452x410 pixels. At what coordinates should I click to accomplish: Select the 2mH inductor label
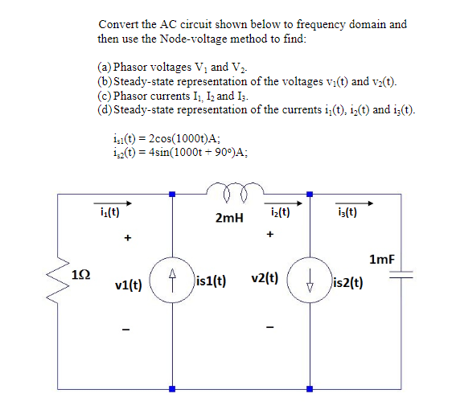(229, 218)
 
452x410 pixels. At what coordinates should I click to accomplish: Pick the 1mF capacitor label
(381, 259)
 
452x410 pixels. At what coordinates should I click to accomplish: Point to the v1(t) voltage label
(129, 285)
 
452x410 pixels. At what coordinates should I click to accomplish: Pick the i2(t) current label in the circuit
(278, 214)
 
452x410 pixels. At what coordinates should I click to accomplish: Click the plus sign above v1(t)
(126, 239)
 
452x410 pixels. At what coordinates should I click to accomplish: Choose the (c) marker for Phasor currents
(105, 96)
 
